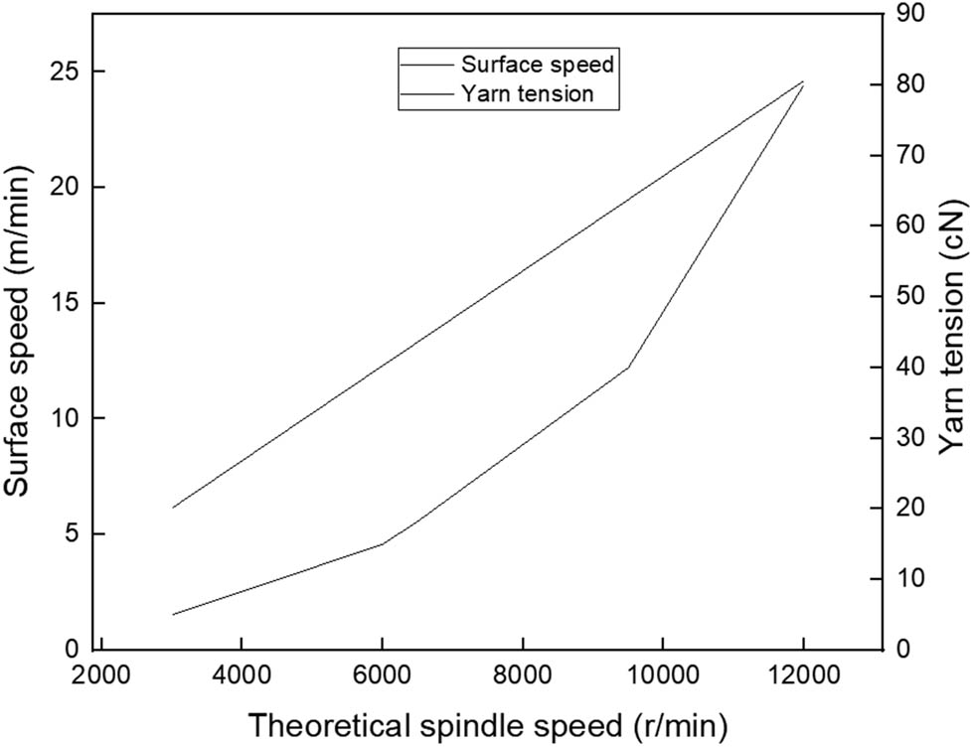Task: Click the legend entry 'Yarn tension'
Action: click(x=528, y=94)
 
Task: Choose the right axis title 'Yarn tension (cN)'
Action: click(x=952, y=330)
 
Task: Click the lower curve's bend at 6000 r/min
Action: click(x=382, y=543)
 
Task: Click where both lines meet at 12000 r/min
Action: click(x=803, y=81)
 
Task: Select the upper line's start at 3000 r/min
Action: click(x=172, y=508)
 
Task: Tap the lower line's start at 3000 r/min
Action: click(x=172, y=614)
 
